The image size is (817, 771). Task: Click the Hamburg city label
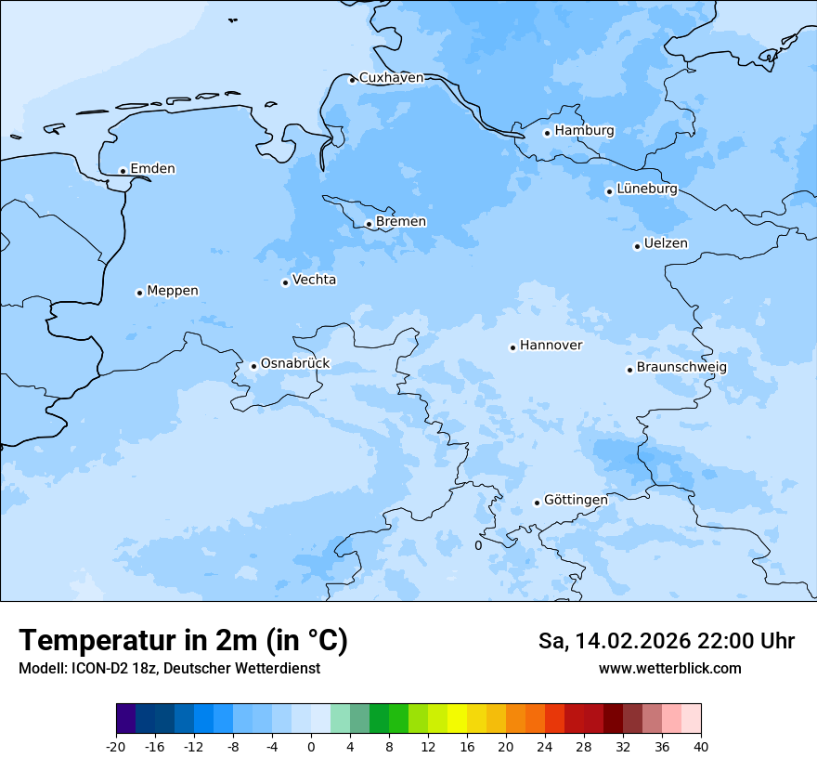click(584, 131)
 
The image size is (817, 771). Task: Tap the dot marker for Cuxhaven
click(352, 80)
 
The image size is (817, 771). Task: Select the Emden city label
click(152, 169)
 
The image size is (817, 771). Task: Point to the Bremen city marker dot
click(369, 224)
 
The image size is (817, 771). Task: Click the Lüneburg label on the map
click(646, 189)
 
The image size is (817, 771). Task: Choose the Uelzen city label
click(666, 243)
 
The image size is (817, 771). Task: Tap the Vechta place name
click(314, 280)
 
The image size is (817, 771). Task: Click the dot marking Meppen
click(139, 293)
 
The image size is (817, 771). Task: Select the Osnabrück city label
click(295, 363)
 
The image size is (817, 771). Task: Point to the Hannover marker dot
click(512, 347)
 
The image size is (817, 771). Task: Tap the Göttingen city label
click(576, 500)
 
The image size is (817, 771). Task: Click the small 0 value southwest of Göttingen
click(478, 545)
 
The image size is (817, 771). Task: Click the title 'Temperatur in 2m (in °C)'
click(183, 640)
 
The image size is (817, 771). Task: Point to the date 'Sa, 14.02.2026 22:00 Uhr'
click(666, 641)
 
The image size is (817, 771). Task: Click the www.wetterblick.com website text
click(669, 669)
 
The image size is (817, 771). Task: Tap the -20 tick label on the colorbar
click(116, 746)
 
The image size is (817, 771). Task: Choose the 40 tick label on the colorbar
click(700, 746)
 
